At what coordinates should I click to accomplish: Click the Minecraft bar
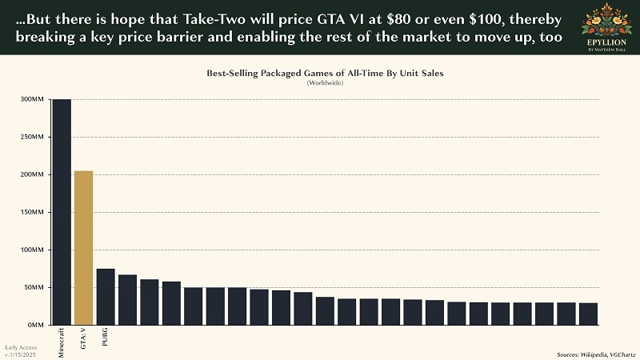(62, 212)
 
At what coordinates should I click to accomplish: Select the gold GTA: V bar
(83, 248)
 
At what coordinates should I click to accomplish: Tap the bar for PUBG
(106, 297)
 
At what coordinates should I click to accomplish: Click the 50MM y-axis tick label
(32, 288)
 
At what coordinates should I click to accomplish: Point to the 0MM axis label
(34, 326)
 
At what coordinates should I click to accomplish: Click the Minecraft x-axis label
(62, 342)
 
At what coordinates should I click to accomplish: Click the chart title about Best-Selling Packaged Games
(325, 73)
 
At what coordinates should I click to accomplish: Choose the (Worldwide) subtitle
(325, 83)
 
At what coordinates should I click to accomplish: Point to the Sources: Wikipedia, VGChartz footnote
(594, 354)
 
